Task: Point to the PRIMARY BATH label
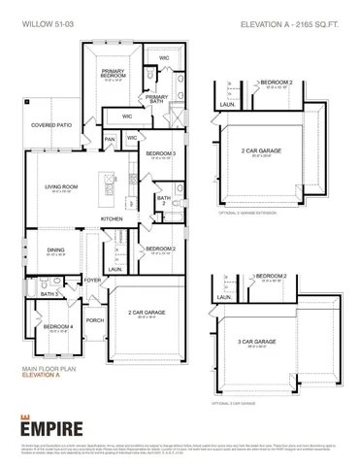tap(157, 97)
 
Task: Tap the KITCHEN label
tap(113, 219)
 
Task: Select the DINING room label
tap(55, 250)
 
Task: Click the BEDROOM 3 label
tap(160, 153)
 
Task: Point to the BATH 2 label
tap(164, 199)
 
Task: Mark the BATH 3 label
tap(49, 293)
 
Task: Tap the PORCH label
tap(94, 319)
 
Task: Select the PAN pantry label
tap(110, 139)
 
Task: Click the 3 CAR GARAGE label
tap(275, 342)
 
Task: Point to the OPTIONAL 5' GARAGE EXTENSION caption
tap(255, 211)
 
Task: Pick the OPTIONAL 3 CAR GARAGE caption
tap(242, 402)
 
